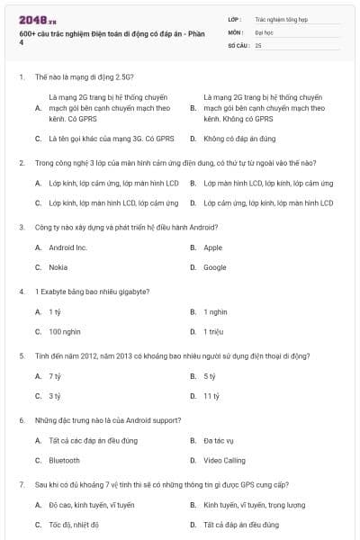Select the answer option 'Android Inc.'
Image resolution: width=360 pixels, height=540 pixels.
pyautogui.click(x=67, y=247)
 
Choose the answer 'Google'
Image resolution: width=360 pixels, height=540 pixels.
pyautogui.click(x=214, y=267)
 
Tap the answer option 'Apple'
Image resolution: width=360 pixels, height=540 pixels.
pyautogui.click(x=212, y=247)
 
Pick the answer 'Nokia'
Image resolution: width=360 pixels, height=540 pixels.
pyautogui.click(x=58, y=267)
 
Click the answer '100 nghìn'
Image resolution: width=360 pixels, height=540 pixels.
pyautogui.click(x=64, y=331)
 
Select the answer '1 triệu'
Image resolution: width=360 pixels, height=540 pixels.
pyautogui.click(x=212, y=331)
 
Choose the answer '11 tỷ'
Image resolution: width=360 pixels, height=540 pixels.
pyautogui.click(x=211, y=396)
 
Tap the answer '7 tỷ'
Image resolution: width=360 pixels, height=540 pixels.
pyautogui.click(x=55, y=375)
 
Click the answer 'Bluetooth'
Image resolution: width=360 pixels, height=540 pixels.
pyautogui.click(x=64, y=460)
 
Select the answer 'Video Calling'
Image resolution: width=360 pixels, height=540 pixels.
pyautogui.click(x=223, y=460)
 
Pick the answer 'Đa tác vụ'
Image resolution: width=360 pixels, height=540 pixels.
pyautogui.click(x=219, y=440)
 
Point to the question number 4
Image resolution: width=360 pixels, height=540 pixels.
pyautogui.click(x=21, y=291)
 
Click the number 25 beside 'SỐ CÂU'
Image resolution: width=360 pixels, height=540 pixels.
pyautogui.click(x=258, y=45)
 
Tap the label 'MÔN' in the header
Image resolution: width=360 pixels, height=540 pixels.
pyautogui.click(x=235, y=31)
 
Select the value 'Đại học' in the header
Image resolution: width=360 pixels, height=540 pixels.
pyautogui.click(x=265, y=31)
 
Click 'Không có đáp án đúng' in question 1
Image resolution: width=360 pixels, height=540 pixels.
pyautogui.click(x=238, y=139)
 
